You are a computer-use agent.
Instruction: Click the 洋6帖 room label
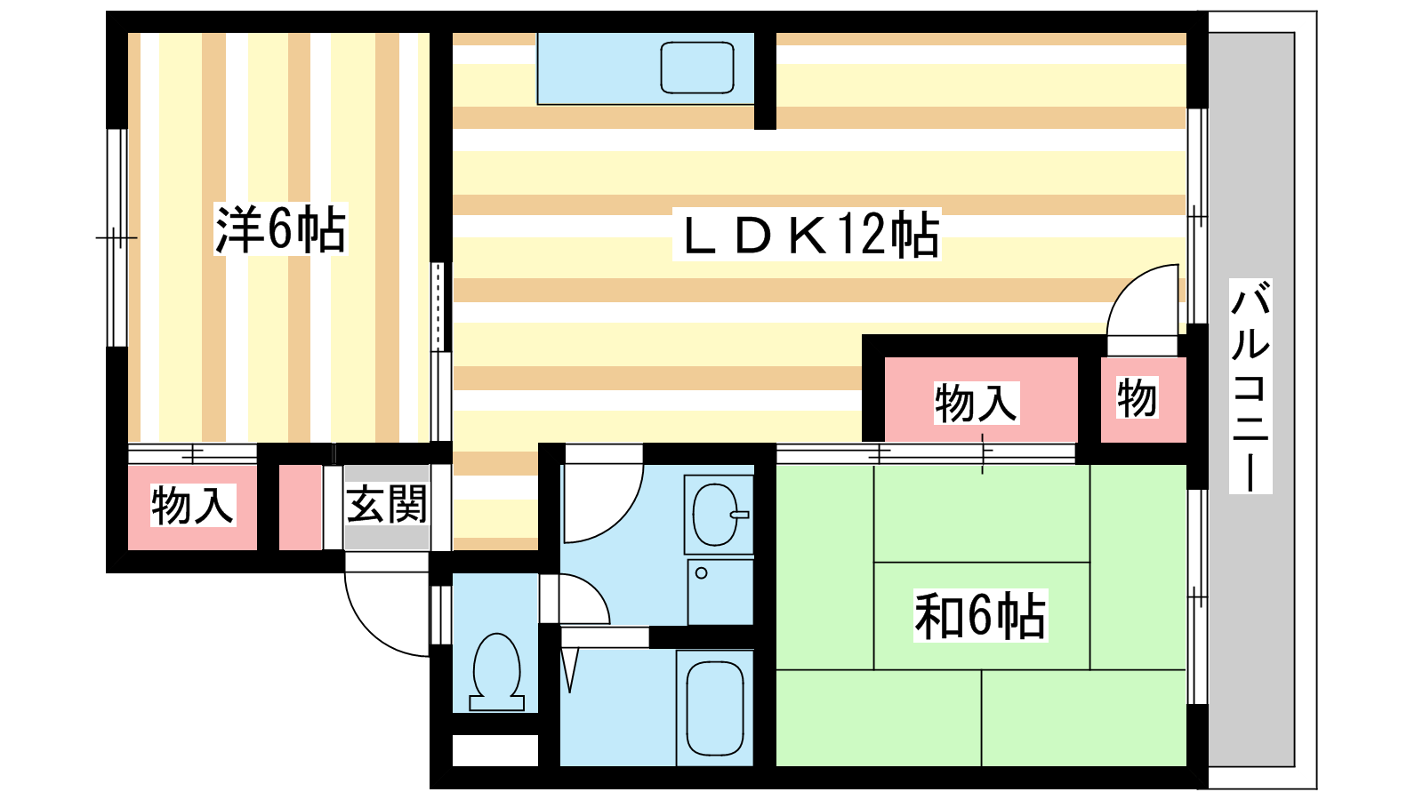coord(281,229)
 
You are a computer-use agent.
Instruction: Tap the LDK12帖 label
coord(807,235)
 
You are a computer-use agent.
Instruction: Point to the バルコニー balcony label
coord(1250,386)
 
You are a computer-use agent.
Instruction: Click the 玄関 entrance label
coord(386,504)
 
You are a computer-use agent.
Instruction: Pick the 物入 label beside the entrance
coord(192,506)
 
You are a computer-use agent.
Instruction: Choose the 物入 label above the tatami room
coord(977,403)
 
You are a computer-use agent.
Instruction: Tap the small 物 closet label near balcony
coord(1138,397)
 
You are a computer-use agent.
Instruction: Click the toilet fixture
coord(497,672)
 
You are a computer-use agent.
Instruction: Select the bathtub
coord(715,708)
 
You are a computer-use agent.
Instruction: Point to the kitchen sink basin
coord(697,68)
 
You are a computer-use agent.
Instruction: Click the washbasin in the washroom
coord(719,515)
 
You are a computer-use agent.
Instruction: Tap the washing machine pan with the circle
coord(720,592)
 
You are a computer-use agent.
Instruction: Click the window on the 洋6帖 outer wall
coord(117,237)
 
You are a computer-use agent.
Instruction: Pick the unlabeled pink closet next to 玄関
coord(301,508)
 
